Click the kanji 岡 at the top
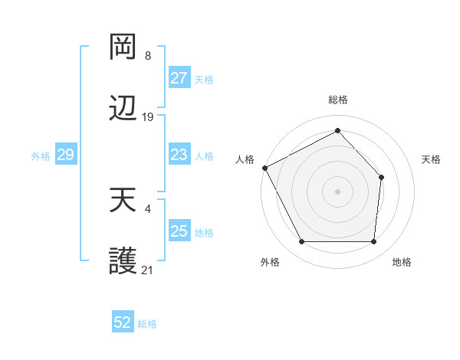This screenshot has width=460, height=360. (123, 48)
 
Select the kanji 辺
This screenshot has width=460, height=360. (123, 110)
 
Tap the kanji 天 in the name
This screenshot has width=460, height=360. (123, 201)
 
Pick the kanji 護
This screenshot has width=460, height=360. (123, 263)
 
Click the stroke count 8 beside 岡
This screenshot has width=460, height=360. (148, 56)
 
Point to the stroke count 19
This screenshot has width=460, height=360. (148, 117)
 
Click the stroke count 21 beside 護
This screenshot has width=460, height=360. (148, 270)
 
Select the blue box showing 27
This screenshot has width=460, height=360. (179, 78)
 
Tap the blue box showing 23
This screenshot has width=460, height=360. (179, 155)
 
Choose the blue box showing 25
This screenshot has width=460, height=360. (179, 231)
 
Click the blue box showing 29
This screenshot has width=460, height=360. (65, 155)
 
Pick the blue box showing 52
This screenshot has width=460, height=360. (123, 322)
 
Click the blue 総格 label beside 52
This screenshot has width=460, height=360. (148, 324)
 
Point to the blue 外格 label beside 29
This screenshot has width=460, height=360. (41, 155)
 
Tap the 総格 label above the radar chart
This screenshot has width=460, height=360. (338, 100)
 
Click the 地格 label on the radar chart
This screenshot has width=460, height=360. (402, 263)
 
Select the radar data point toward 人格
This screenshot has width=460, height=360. (264, 168)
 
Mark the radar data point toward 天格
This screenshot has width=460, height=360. (381, 178)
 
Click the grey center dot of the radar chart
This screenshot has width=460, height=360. (337, 191)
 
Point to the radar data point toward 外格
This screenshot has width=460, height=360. (301, 242)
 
